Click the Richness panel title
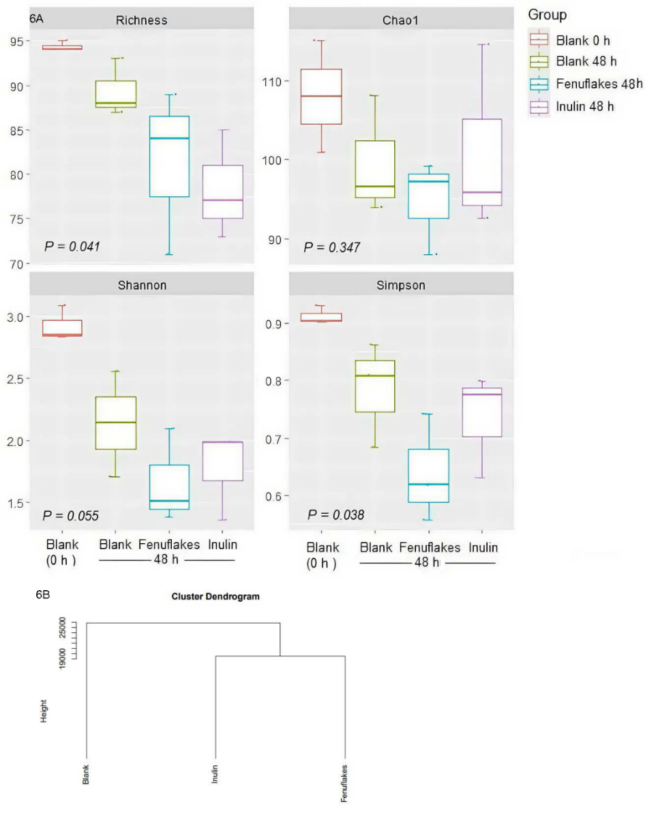tap(142, 20)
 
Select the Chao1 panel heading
tap(400, 20)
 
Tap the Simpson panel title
tap(400, 285)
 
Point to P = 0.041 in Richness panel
tap(72, 246)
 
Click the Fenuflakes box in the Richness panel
tap(168, 157)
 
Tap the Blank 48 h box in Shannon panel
tap(115, 423)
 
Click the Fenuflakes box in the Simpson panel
tap(428, 476)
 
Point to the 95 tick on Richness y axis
tap(14, 42)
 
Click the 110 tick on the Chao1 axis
tap(272, 82)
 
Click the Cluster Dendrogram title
tap(215, 596)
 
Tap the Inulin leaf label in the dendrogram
tap(215, 773)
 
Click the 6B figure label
tap(42, 595)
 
